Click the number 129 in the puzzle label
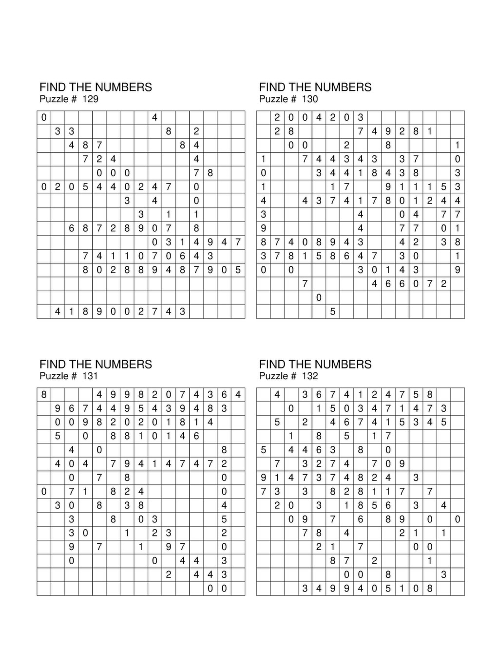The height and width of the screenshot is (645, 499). tap(90, 99)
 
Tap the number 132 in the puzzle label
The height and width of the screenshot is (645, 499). tap(309, 376)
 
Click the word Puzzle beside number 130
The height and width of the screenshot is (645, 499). tap(273, 99)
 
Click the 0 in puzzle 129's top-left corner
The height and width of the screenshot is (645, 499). tap(44, 117)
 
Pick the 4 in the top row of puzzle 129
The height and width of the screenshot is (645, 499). tap(155, 117)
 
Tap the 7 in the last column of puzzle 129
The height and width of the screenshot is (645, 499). tap(238, 242)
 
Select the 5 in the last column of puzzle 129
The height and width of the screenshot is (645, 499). tap(238, 270)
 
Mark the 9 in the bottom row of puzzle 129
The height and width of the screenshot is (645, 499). tap(99, 311)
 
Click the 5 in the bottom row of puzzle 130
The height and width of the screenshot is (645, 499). tap(333, 311)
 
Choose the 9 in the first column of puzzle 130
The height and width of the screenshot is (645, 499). tap(264, 228)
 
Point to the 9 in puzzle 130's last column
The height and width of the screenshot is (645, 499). tap(458, 270)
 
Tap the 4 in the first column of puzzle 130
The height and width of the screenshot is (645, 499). tap(264, 201)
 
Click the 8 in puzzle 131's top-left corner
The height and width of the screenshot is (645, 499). tap(44, 394)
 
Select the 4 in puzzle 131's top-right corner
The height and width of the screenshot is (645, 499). tap(238, 394)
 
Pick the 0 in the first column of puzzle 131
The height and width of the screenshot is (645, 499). tap(44, 491)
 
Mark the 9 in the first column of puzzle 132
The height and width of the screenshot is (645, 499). tap(264, 478)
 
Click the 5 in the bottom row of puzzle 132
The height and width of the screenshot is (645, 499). tap(388, 588)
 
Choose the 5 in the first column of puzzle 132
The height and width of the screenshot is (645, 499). tap(264, 450)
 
